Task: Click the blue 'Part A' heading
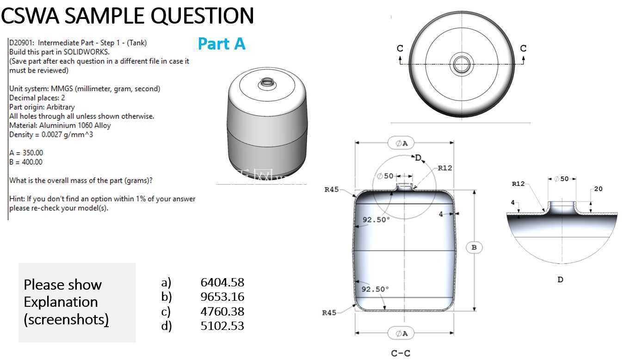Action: point(222,44)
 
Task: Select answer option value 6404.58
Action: point(222,282)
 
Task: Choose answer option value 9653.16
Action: point(222,297)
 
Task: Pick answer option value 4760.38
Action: point(222,311)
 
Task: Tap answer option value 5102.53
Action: point(222,326)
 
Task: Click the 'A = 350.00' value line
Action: point(26,153)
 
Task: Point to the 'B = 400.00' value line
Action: point(26,162)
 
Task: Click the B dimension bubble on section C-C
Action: point(474,248)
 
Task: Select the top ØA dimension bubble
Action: point(401,143)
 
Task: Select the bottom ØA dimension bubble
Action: point(401,333)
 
